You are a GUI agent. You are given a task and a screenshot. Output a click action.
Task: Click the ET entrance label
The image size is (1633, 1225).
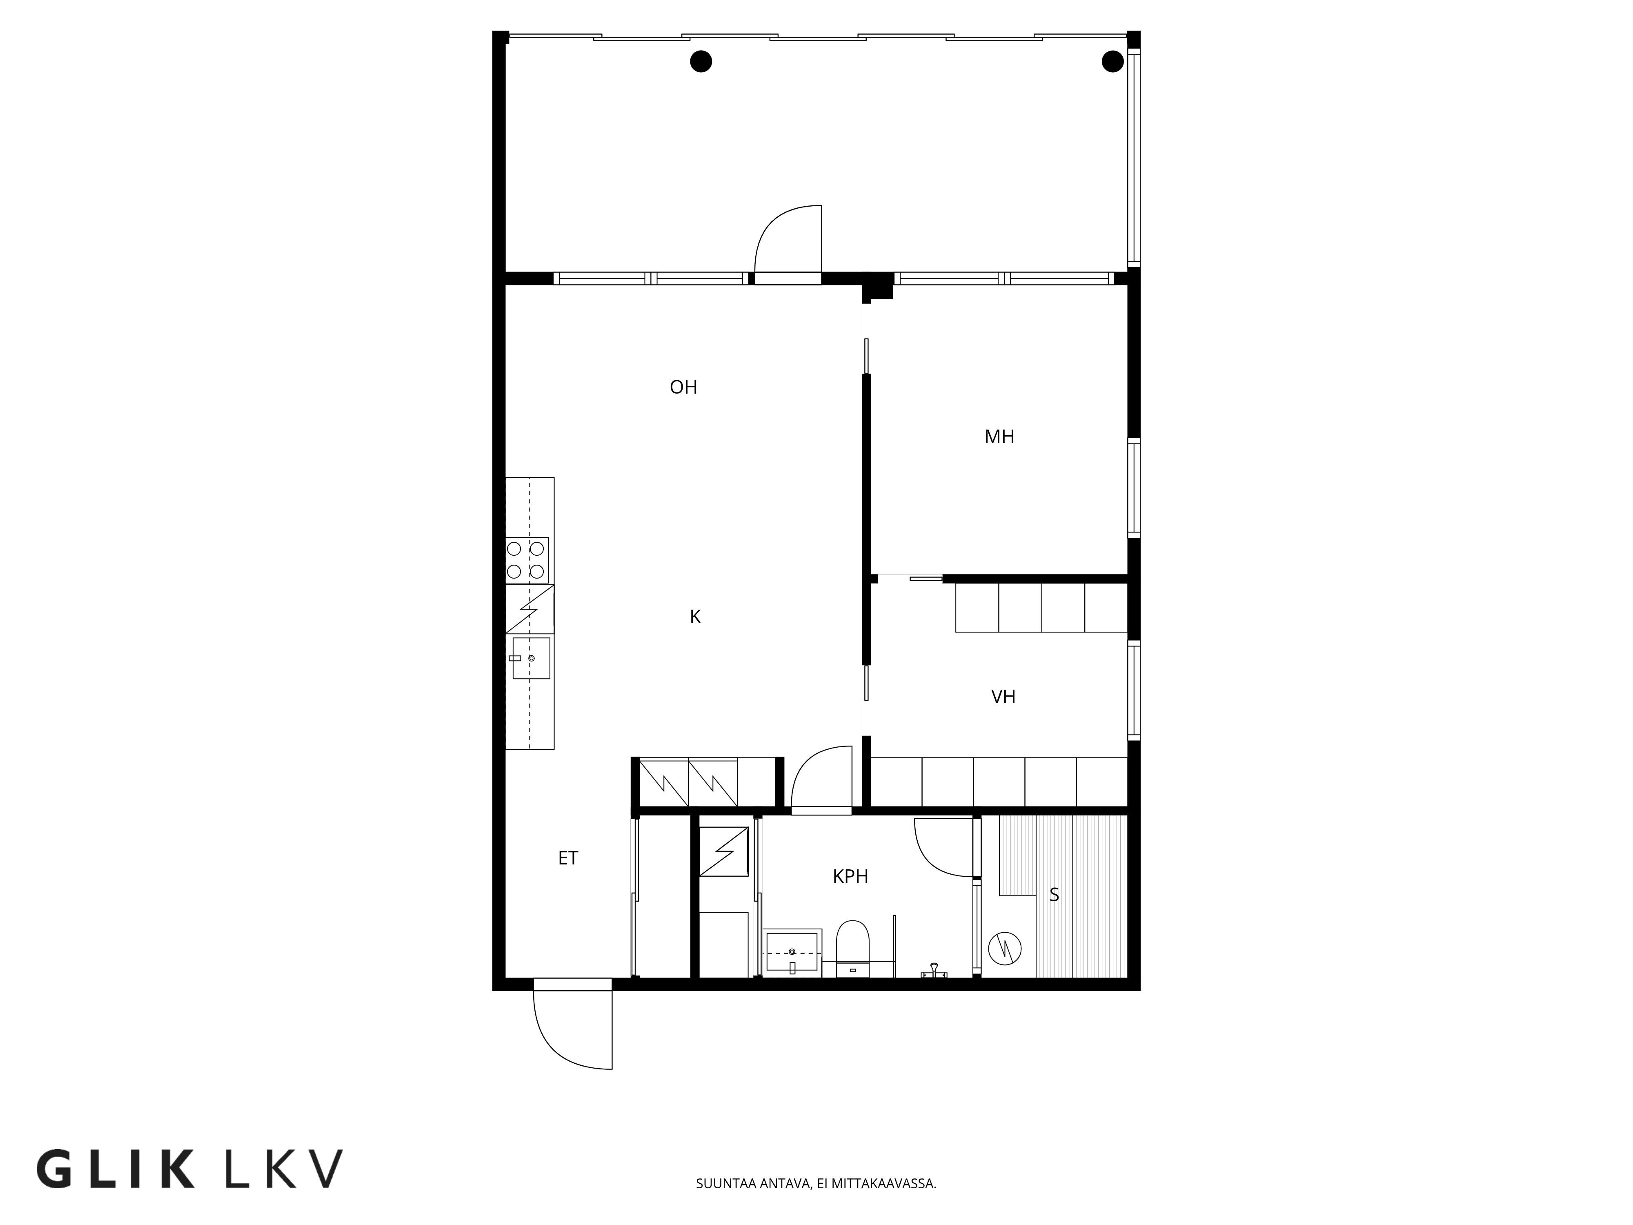click(x=568, y=858)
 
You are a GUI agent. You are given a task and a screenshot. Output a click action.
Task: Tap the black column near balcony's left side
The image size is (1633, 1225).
click(x=701, y=61)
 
